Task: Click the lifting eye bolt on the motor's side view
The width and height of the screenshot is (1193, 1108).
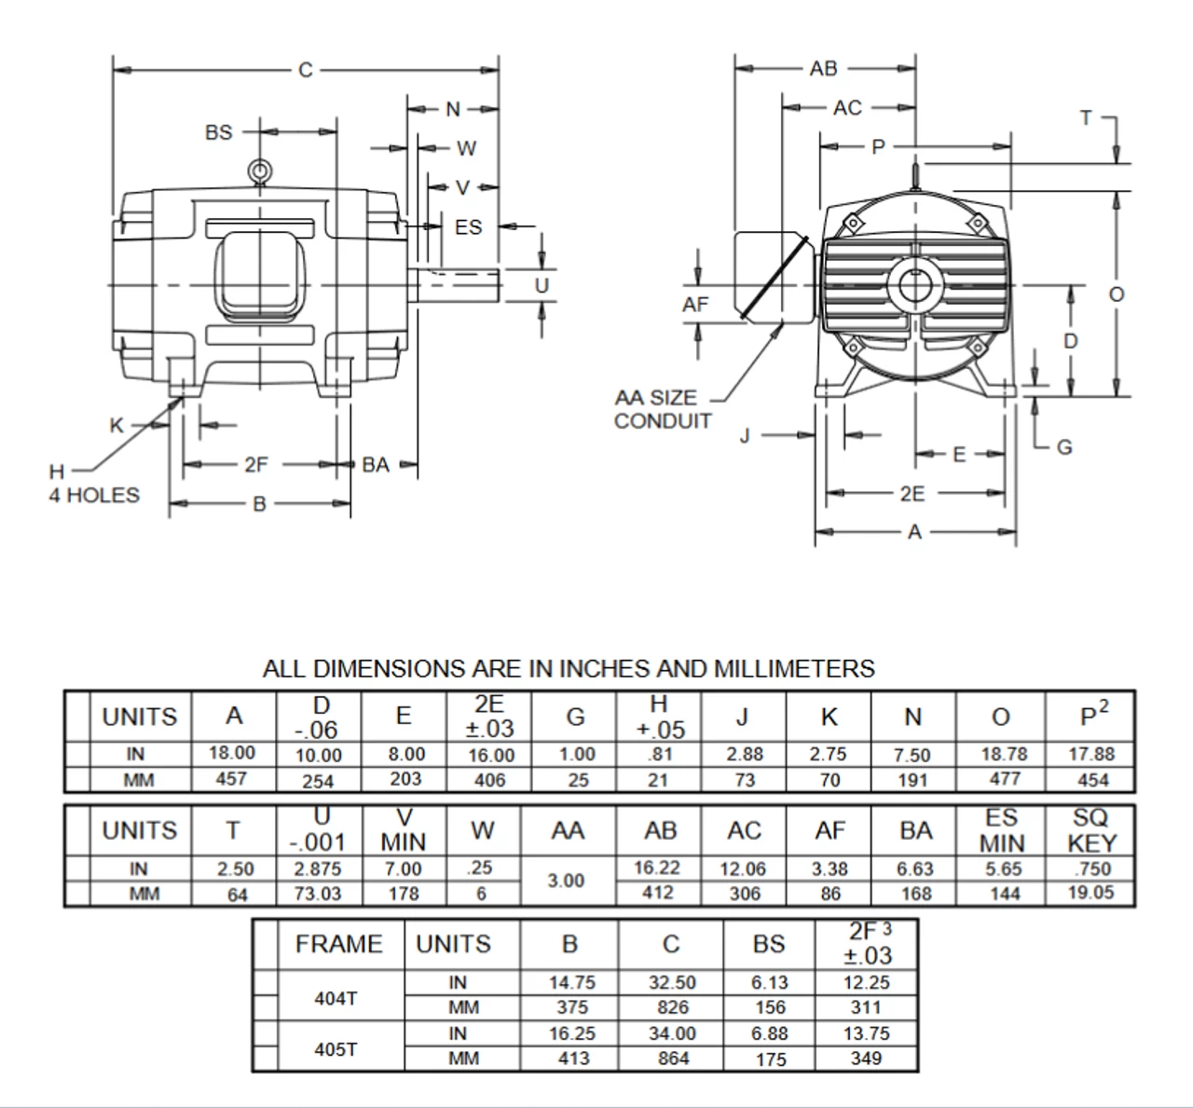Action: click(259, 171)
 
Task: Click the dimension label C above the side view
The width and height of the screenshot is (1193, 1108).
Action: click(305, 70)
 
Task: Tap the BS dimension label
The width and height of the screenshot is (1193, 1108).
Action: click(219, 132)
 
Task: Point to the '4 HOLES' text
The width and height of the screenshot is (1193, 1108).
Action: click(94, 495)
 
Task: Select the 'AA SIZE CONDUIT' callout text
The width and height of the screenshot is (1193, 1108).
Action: click(662, 409)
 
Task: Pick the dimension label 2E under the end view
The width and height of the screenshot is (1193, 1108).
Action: click(912, 494)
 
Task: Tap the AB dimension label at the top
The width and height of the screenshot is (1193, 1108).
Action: click(823, 68)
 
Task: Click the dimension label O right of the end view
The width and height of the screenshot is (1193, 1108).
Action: click(1116, 294)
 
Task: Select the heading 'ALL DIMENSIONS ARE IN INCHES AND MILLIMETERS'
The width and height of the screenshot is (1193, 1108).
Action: click(569, 668)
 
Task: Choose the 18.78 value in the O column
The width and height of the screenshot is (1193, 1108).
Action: click(1001, 754)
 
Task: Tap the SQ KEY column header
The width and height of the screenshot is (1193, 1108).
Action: click(1090, 830)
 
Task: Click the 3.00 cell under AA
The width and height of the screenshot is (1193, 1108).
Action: click(566, 881)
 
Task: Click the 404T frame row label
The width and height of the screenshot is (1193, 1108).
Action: click(336, 998)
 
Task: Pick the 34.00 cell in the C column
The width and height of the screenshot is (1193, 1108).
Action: click(672, 1033)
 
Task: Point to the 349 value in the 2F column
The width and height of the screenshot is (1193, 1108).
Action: click(866, 1059)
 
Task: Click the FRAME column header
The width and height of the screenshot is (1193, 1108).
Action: click(338, 944)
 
